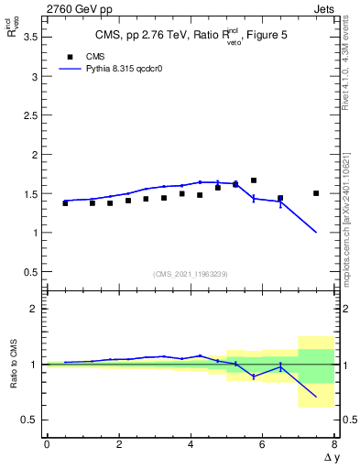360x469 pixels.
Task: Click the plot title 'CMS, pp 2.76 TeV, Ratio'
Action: [156, 37]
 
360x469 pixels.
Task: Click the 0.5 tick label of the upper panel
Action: [28, 272]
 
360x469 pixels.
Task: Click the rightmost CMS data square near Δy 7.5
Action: [316, 193]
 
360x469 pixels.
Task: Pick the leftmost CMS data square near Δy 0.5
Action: [65, 203]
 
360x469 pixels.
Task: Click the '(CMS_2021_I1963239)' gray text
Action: [190, 274]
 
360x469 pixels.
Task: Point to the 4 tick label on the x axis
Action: [191, 445]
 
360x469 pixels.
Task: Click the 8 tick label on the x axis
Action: [334, 445]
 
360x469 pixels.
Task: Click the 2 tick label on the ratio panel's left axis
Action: [33, 309]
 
